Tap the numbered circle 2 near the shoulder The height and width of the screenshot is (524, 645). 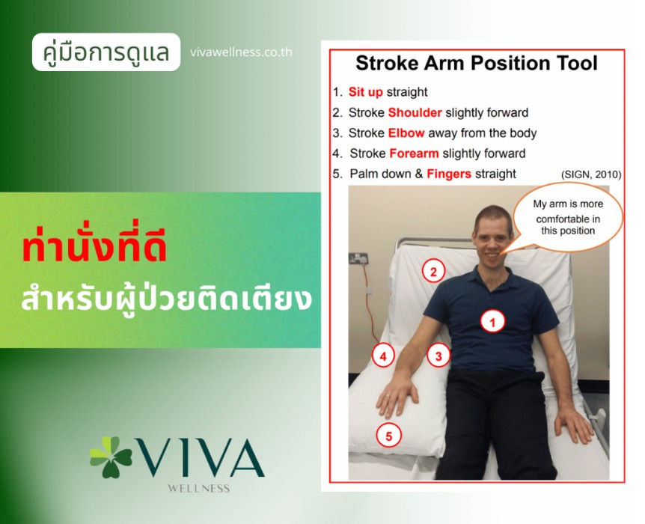click(433, 271)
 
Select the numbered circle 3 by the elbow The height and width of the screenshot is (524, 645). click(438, 356)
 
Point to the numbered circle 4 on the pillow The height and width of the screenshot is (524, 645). click(383, 356)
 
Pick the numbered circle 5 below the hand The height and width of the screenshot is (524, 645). click(388, 435)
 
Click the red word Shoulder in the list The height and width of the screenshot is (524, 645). click(415, 112)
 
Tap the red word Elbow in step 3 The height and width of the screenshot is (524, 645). click(406, 133)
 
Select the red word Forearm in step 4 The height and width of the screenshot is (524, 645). click(414, 153)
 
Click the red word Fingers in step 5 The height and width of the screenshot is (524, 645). click(449, 174)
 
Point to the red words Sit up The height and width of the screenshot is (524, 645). click(365, 92)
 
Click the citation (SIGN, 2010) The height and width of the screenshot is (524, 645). click(591, 174)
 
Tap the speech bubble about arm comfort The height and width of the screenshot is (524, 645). click(568, 217)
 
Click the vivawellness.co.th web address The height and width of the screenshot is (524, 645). click(241, 52)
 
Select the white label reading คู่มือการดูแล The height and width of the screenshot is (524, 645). click(106, 52)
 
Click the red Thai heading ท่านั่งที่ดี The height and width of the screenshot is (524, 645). click(94, 249)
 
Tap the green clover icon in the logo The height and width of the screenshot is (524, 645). click(110, 457)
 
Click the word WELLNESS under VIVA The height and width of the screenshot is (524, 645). click(199, 489)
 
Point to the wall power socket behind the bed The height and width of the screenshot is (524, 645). click(358, 258)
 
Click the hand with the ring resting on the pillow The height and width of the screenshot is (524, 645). click(397, 397)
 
